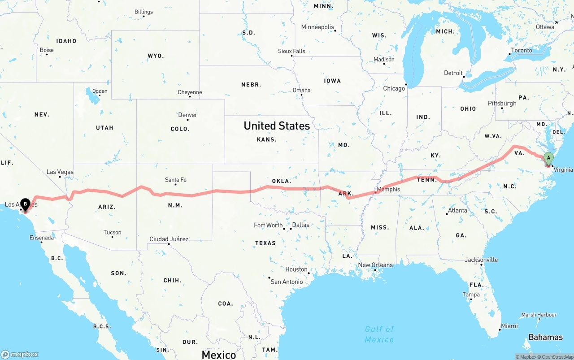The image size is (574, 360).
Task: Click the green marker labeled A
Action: click(x=548, y=158)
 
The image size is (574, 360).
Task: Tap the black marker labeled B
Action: click(x=25, y=204)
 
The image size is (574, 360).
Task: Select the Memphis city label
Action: click(x=388, y=189)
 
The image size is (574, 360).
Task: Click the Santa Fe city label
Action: click(x=175, y=180)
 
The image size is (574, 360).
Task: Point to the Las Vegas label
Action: click(x=60, y=172)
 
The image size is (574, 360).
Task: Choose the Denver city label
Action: click(x=187, y=115)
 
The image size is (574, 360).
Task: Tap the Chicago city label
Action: click(x=394, y=88)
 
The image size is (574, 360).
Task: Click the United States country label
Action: click(x=277, y=126)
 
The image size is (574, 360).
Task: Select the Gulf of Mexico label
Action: click(x=379, y=334)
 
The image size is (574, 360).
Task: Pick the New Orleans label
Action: click(x=375, y=265)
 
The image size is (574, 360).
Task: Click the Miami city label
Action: click(x=509, y=326)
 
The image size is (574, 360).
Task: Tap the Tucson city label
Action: click(x=112, y=232)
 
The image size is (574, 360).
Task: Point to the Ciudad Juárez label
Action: click(x=169, y=239)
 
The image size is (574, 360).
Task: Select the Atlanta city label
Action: click(x=457, y=210)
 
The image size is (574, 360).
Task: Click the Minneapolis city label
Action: click(x=317, y=27)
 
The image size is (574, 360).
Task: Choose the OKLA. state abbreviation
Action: click(x=282, y=181)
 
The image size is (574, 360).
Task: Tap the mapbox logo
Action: click(x=20, y=354)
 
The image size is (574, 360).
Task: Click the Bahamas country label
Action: click(x=545, y=337)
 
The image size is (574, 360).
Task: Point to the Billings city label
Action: click(x=143, y=12)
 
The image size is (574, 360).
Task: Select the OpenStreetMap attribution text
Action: click(x=556, y=357)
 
